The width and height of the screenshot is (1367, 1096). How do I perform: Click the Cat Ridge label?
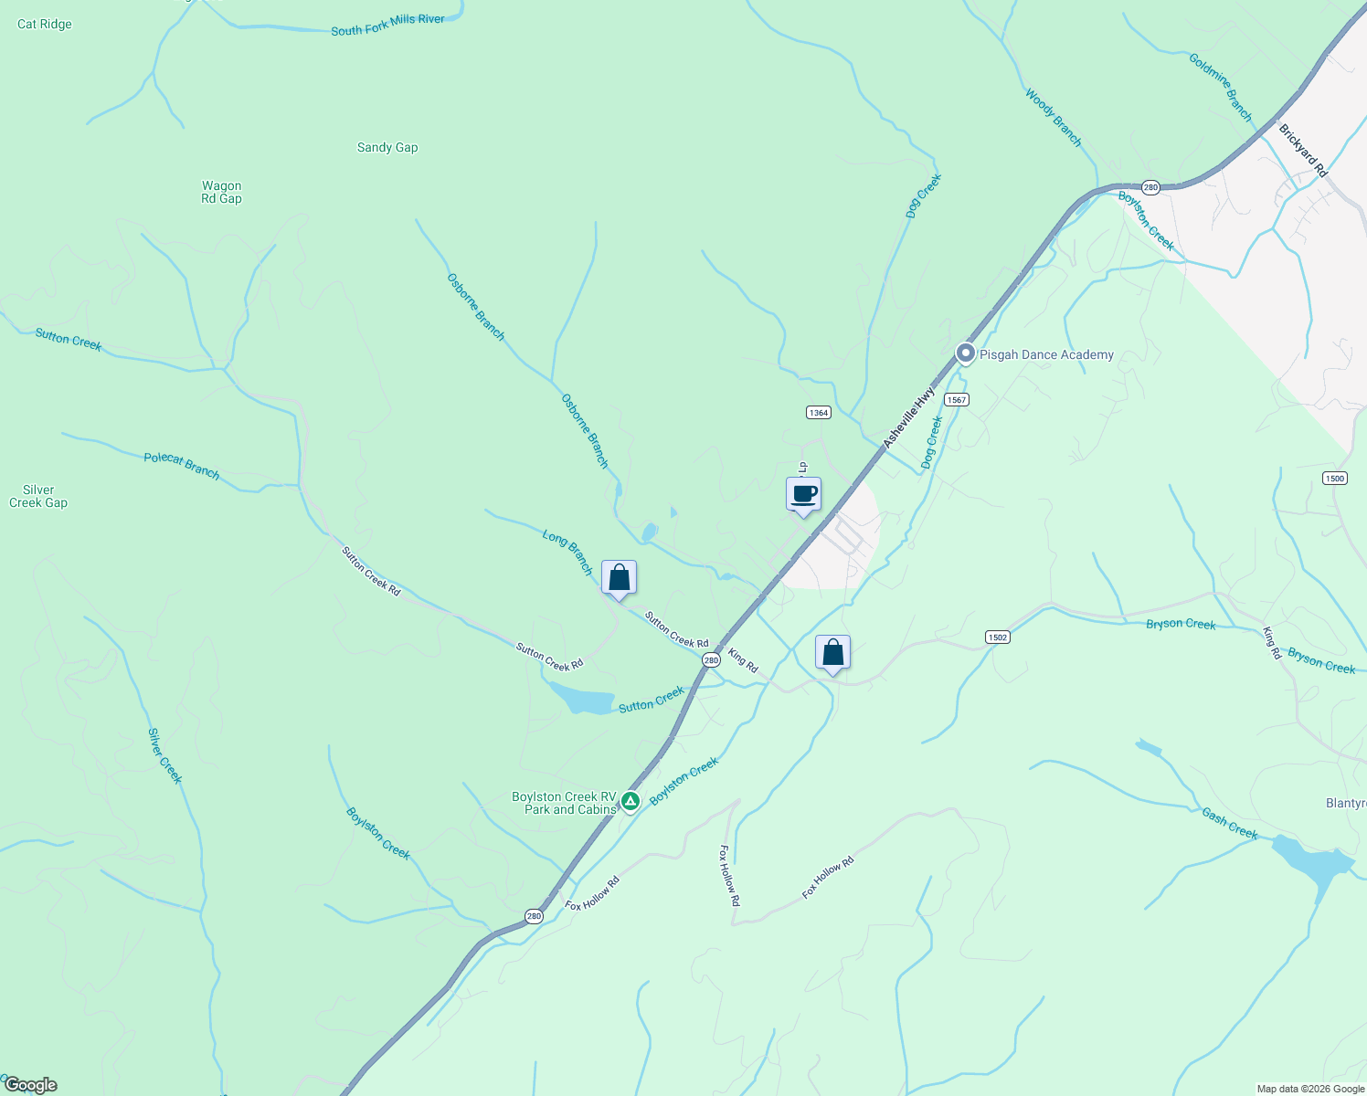pos(44,24)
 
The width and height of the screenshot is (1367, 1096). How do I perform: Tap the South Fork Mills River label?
pos(387,25)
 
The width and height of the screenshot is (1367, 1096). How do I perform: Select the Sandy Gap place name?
pos(387,147)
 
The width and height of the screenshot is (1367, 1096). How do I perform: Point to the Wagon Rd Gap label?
pos(222,192)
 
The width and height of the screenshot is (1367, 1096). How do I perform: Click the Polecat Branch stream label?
pos(181,465)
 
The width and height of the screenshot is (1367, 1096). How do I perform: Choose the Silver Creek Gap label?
pos(38,496)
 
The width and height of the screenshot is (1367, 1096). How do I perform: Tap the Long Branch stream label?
pos(567,552)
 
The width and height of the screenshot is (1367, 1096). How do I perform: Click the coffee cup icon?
pos(803,494)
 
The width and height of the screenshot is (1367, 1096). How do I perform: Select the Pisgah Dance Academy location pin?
pos(965,353)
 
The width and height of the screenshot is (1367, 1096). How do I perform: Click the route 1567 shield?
pos(956,400)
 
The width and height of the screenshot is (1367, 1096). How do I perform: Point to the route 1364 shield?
pos(818,413)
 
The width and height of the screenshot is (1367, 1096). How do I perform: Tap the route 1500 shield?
pos(1334,479)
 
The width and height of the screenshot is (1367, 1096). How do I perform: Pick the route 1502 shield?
pos(997,638)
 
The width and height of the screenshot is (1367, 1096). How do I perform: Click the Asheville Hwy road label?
pos(909,417)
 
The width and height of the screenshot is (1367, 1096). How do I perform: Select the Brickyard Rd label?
pos(1302,151)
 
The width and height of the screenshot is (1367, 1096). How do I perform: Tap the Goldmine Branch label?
pos(1221,87)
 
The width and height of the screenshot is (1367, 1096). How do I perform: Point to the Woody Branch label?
pos(1053,117)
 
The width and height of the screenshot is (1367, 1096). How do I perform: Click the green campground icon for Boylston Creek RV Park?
pos(630,802)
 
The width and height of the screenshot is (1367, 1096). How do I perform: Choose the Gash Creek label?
pos(1229,824)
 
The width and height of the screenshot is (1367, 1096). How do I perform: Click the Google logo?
pos(30,1085)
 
